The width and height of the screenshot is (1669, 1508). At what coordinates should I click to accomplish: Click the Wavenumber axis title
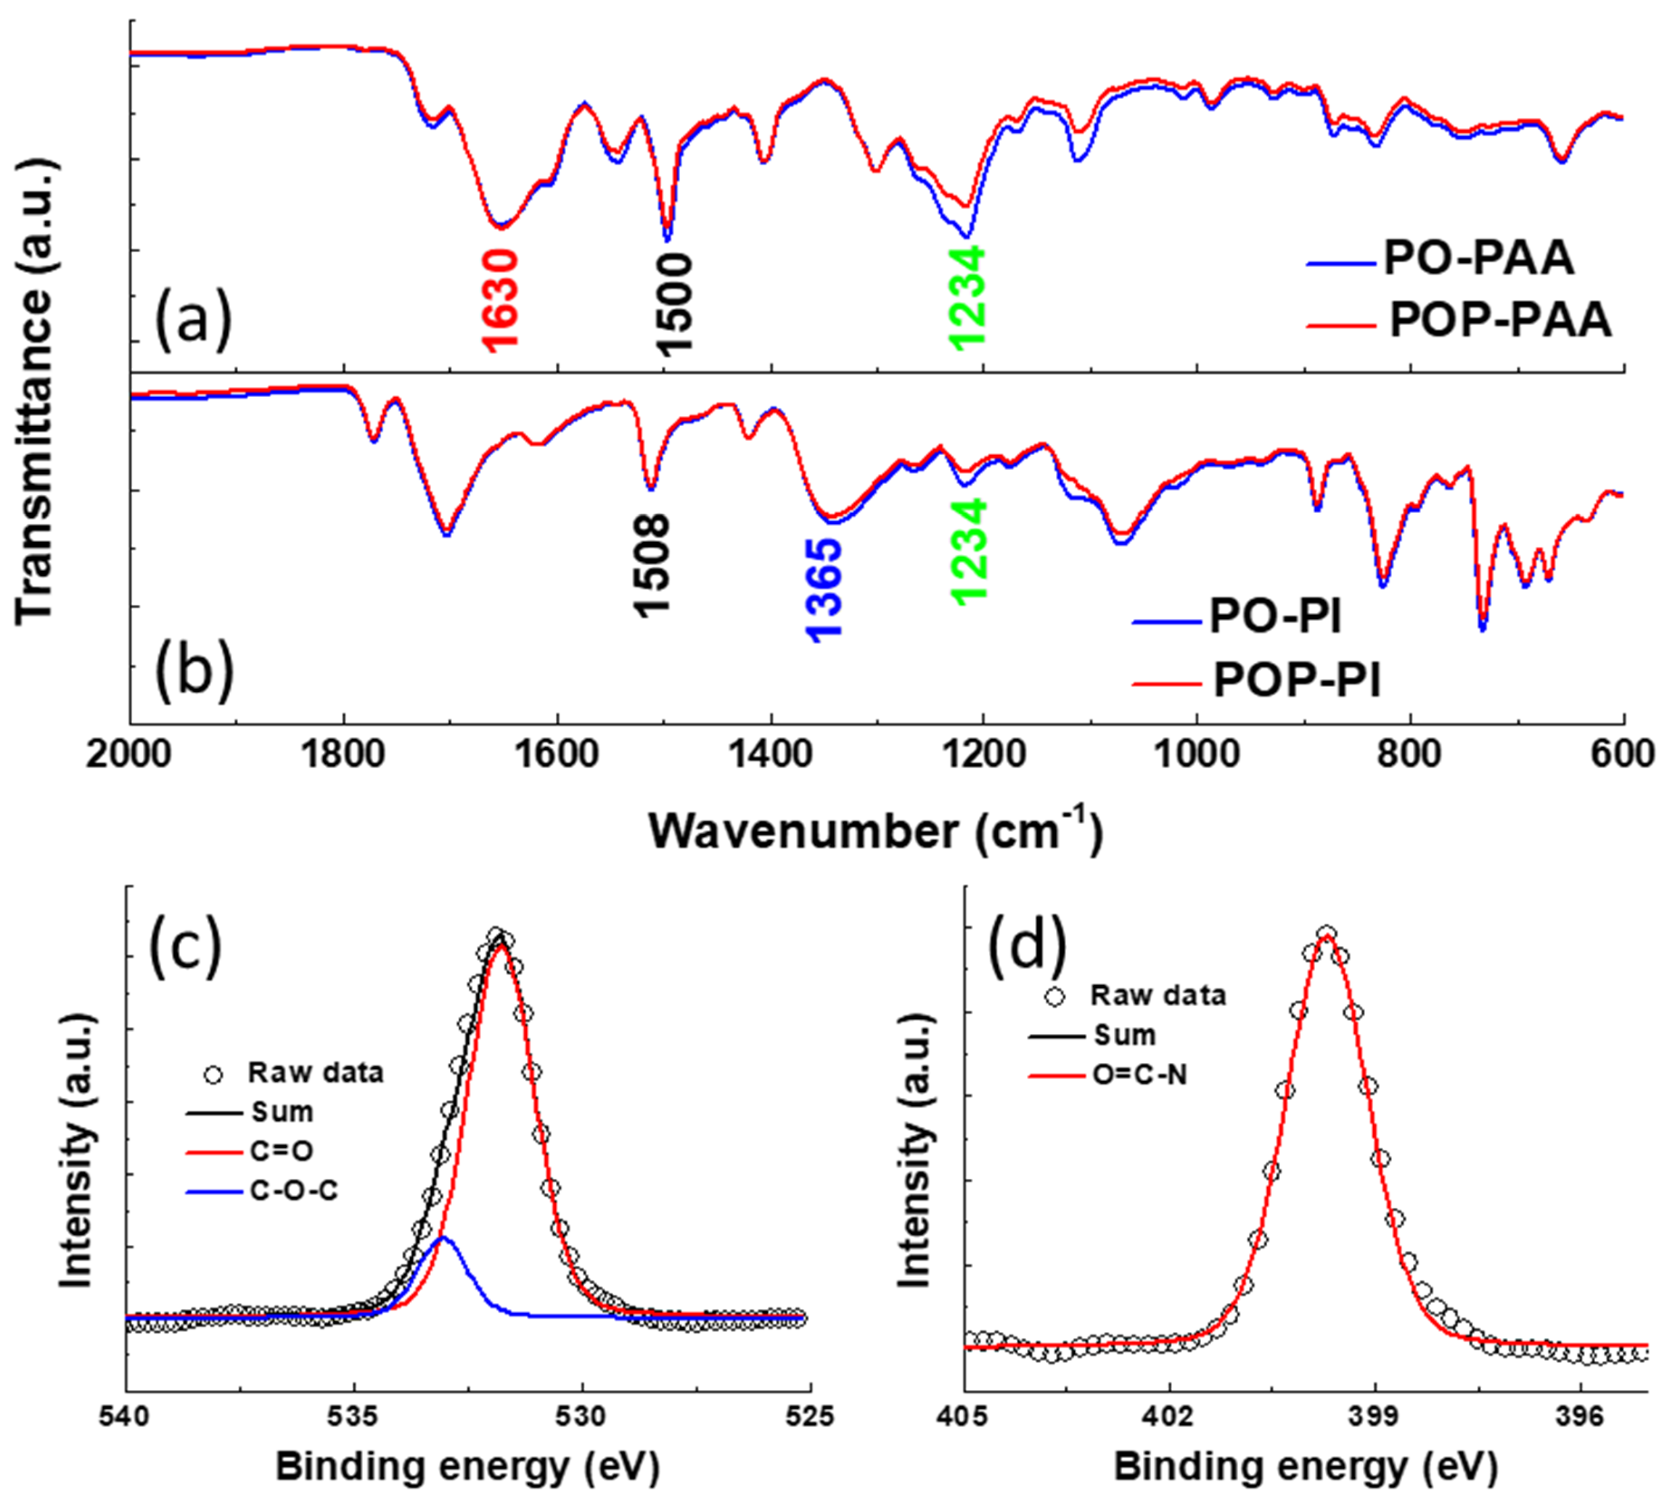875,831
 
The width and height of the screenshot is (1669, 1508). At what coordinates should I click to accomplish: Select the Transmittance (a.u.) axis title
35,389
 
